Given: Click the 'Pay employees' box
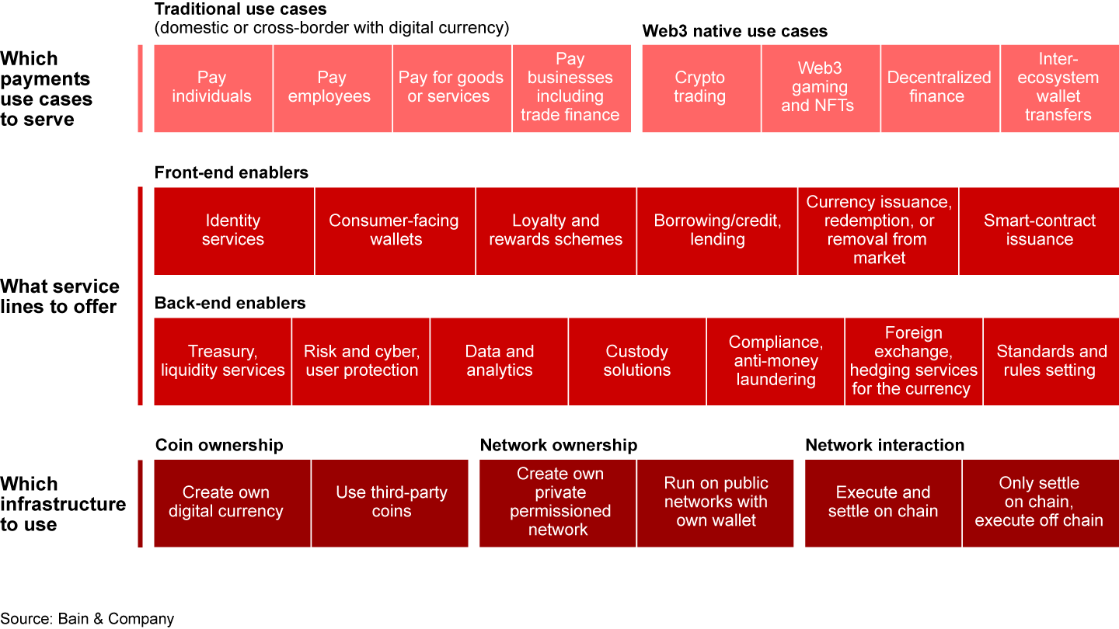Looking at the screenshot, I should (332, 88).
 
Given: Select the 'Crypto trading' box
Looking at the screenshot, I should (701, 88).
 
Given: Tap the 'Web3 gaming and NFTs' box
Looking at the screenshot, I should (820, 88).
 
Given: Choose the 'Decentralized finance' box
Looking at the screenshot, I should (939, 88).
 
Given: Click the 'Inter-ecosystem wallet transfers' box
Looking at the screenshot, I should (1059, 88).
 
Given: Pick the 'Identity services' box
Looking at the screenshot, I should (234, 231).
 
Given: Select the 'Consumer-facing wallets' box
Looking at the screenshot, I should (395, 231).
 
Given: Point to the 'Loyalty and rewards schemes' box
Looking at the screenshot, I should (556, 231).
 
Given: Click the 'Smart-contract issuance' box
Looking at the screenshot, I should (1039, 231).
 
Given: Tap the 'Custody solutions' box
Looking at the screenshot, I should (637, 361).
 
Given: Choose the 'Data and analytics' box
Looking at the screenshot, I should (499, 361).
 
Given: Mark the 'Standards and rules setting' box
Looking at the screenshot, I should (1051, 361).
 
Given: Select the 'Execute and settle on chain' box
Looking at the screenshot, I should (883, 502).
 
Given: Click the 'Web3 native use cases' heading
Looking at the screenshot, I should (734, 32).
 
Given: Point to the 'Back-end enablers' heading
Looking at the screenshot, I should (230, 303).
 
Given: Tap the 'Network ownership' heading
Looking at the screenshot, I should (558, 445).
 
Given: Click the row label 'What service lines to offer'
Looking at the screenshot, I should (60, 296).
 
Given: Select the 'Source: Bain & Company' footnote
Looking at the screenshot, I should (87, 619).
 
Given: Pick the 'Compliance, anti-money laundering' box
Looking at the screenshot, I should (776, 361).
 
